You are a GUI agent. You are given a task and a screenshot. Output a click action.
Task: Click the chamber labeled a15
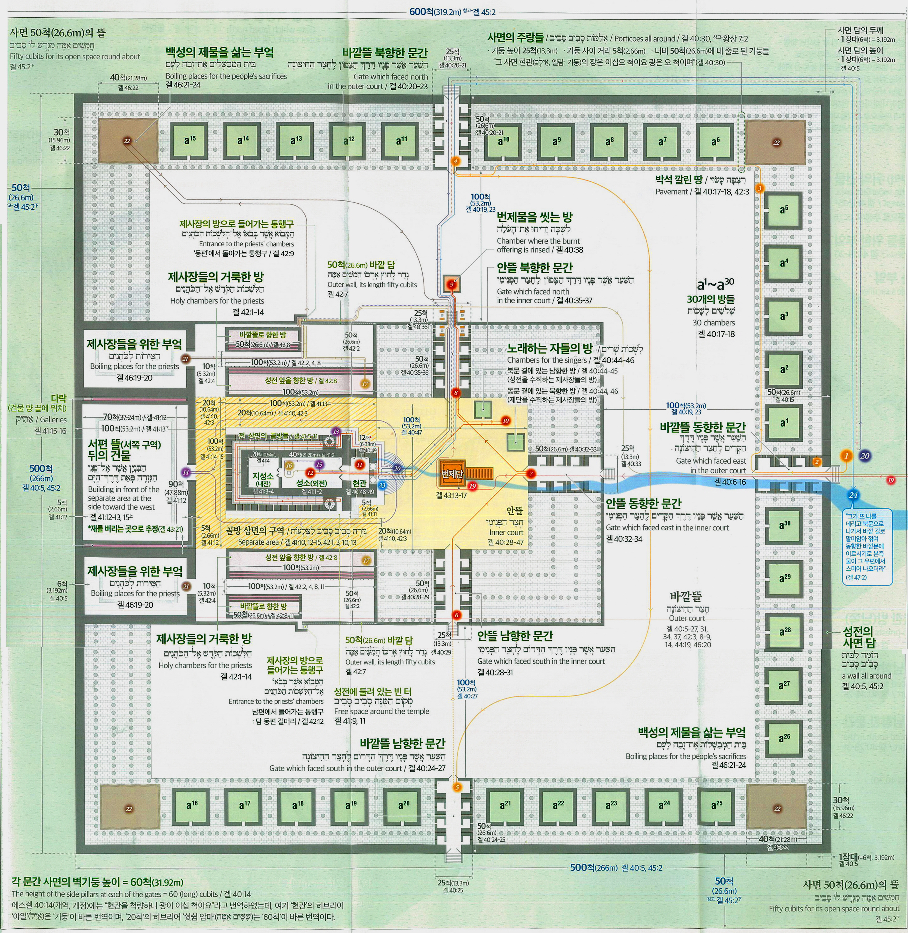pyautogui.click(x=189, y=141)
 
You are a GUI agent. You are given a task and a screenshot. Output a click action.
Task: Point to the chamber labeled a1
pyautogui.click(x=783, y=423)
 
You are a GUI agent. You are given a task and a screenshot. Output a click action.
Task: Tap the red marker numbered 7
pyautogui.click(x=531, y=473)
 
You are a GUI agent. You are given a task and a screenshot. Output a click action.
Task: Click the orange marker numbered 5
pyautogui.click(x=457, y=787)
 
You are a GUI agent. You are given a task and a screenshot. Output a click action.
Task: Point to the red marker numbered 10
pyautogui.click(x=506, y=420)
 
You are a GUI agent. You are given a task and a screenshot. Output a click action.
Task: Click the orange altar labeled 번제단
pyautogui.click(x=450, y=473)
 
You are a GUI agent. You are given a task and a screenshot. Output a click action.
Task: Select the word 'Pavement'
pyautogui.click(x=671, y=192)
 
